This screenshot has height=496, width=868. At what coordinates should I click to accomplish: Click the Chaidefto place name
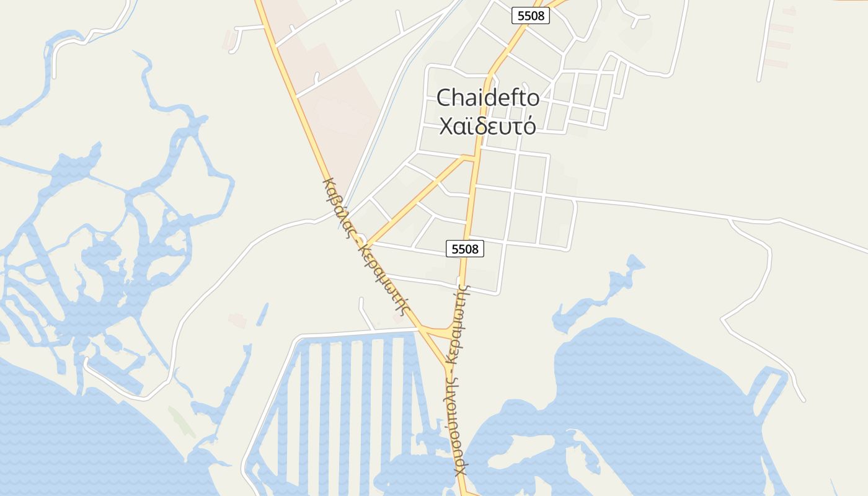pyautogui.click(x=488, y=98)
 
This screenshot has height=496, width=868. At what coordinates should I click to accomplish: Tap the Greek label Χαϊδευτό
pyautogui.click(x=488, y=126)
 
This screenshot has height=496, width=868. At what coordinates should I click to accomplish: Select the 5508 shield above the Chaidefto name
pyautogui.click(x=531, y=15)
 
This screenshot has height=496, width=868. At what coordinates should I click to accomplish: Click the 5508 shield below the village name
pyautogui.click(x=464, y=249)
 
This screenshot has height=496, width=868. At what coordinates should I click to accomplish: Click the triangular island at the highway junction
pyautogui.click(x=441, y=332)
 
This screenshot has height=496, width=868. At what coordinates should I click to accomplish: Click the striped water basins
pyautogui.click(x=347, y=397)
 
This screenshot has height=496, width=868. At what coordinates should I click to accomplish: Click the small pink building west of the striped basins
pyautogui.click(x=237, y=320)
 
